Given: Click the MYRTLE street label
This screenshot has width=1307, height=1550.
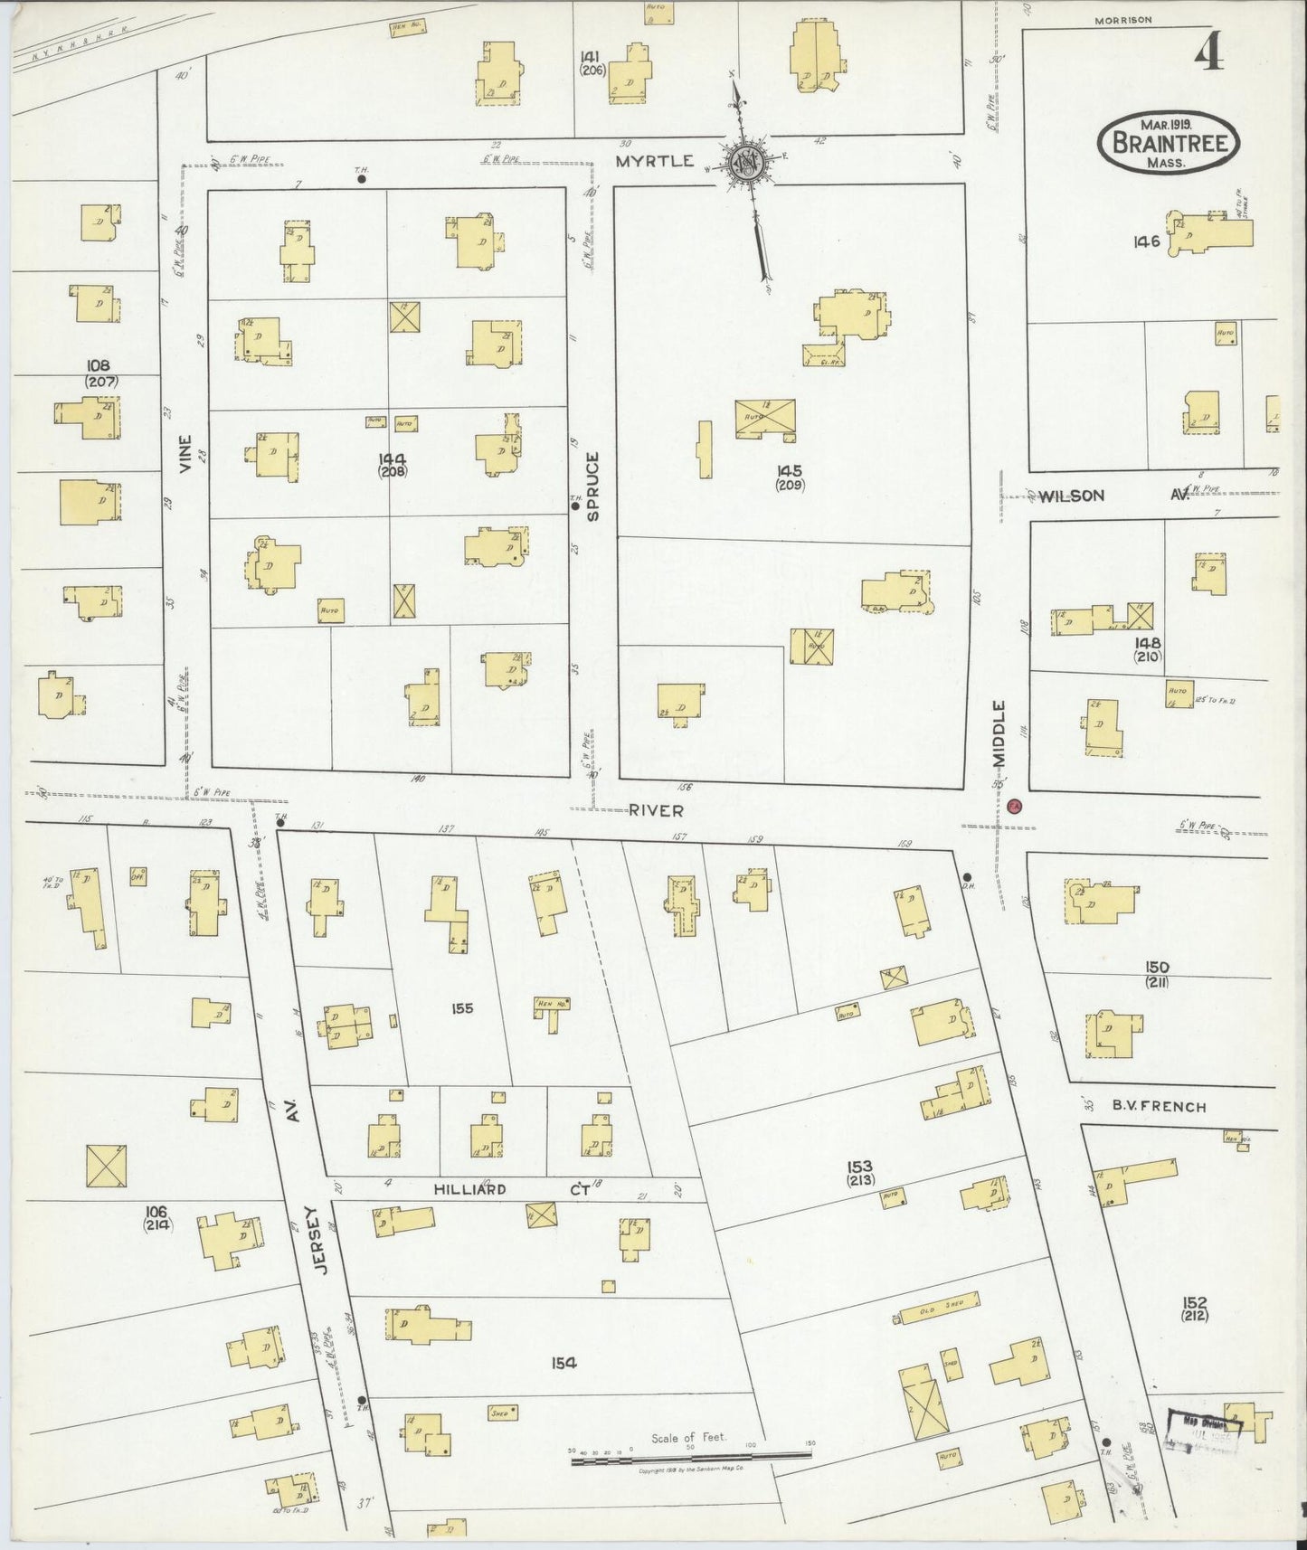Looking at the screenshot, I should tap(668, 161).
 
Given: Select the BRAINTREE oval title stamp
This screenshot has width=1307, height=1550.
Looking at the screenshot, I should tap(1169, 143).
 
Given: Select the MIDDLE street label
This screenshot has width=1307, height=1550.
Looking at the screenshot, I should tap(999, 734).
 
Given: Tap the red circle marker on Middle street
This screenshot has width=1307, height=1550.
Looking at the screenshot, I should tap(1014, 805).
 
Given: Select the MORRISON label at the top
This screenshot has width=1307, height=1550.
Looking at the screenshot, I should tap(1122, 20).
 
